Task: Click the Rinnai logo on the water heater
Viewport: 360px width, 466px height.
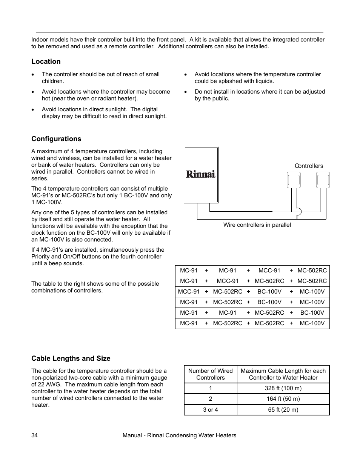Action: click(201, 174)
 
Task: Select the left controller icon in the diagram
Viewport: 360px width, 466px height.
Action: click(294, 180)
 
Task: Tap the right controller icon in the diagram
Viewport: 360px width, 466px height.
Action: click(323, 180)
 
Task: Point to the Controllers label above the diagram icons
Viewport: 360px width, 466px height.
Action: click(309, 166)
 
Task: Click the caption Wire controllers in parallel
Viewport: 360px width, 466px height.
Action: click(257, 225)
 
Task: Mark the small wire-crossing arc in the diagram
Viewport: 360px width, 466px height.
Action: click(299, 212)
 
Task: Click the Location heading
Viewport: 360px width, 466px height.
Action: click(46, 62)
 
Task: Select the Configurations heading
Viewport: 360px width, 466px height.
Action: click(56, 139)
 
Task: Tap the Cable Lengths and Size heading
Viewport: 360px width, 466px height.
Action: click(71, 358)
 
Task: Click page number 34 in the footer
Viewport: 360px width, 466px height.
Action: click(34, 435)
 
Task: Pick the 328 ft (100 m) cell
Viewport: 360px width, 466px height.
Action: click(283, 388)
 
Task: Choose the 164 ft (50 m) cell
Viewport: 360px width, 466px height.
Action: click(283, 399)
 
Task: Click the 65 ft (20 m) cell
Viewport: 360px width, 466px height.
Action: click(283, 410)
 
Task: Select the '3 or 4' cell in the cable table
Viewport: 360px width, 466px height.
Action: click(211, 410)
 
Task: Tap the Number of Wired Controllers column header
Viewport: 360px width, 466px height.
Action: click(211, 374)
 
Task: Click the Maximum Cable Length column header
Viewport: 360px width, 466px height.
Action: click(283, 374)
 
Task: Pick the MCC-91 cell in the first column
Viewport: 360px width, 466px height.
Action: click(189, 292)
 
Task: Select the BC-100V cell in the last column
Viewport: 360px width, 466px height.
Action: click(312, 313)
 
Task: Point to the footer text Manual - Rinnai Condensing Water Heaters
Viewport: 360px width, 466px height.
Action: click(180, 435)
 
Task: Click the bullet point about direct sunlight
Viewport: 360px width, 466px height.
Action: click(104, 113)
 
